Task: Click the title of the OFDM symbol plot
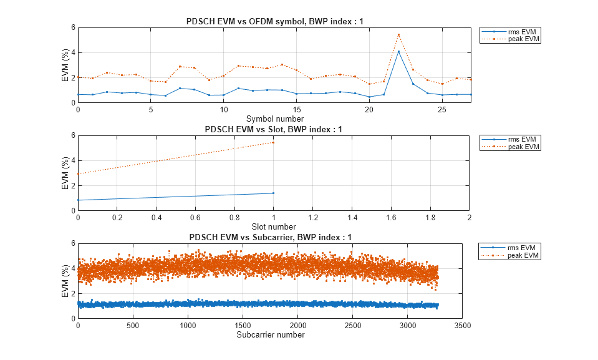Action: (x=274, y=22)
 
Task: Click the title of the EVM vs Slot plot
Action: (x=273, y=130)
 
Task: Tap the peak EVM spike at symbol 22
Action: (x=398, y=34)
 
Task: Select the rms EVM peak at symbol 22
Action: (x=398, y=51)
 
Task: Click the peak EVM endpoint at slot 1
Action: (x=273, y=142)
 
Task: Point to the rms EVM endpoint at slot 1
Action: (x=273, y=193)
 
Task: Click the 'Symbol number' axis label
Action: (x=274, y=119)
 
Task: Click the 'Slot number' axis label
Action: (x=273, y=226)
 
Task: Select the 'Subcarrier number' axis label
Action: (x=271, y=335)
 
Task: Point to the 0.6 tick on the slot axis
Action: (x=195, y=218)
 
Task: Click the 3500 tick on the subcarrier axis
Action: (x=462, y=326)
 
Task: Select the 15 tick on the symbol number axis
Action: (x=296, y=110)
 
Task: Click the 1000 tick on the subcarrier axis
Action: (x=188, y=326)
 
